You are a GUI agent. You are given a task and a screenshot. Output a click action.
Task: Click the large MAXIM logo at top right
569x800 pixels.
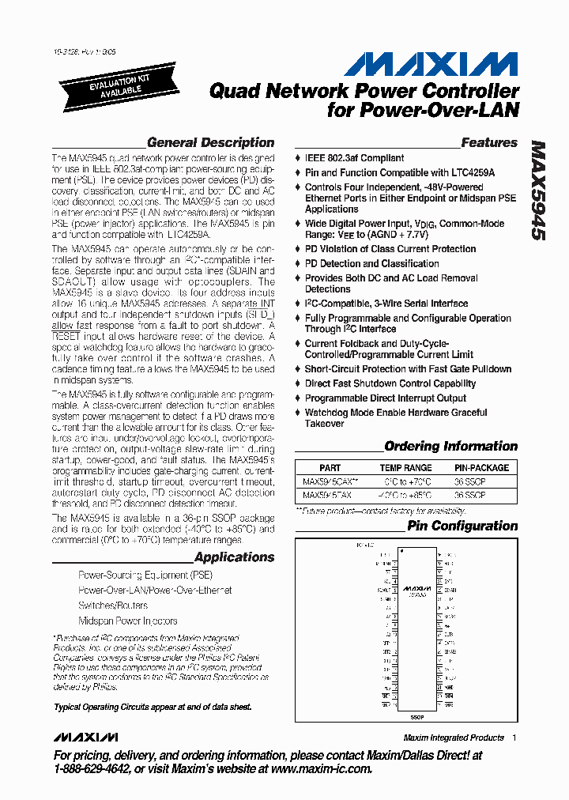(x=431, y=65)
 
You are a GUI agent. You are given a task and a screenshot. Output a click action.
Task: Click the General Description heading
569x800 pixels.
(x=210, y=143)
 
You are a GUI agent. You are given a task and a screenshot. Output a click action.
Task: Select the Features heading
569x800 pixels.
(x=488, y=143)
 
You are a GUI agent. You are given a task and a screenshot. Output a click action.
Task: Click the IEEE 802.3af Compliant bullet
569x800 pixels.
(x=354, y=158)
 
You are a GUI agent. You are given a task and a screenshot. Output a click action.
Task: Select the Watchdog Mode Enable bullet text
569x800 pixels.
(x=395, y=418)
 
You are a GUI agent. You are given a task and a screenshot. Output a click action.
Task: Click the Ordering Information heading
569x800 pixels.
(x=450, y=447)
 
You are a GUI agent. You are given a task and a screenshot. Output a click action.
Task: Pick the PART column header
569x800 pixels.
(x=330, y=468)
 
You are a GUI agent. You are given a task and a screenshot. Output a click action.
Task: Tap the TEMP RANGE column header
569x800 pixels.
(x=406, y=468)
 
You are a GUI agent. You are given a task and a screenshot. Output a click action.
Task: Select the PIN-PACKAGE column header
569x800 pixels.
(x=482, y=468)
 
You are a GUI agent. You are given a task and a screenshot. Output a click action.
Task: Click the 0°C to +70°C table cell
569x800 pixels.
(x=406, y=481)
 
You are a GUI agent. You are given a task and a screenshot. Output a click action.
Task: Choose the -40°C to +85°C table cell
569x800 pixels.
(x=406, y=496)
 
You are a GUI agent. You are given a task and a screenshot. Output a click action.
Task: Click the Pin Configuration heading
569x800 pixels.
(x=462, y=526)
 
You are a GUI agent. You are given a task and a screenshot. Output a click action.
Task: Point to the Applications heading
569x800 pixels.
(x=234, y=557)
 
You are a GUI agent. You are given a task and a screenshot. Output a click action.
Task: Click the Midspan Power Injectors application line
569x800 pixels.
(x=128, y=621)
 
